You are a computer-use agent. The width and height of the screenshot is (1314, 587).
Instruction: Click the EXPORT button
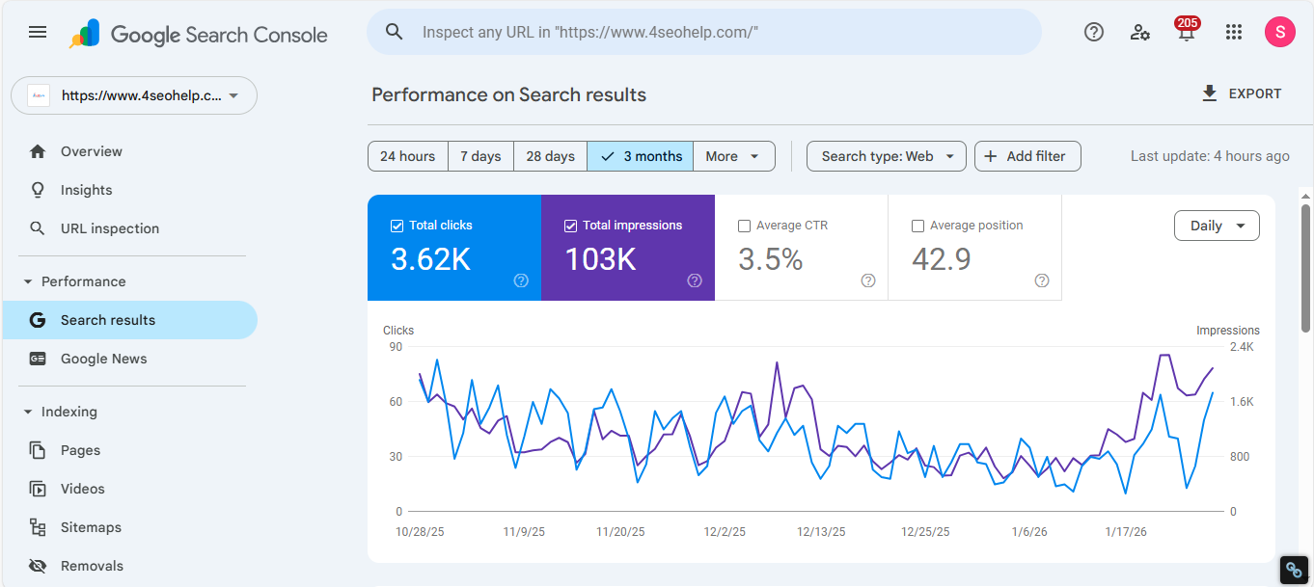pos(1242,94)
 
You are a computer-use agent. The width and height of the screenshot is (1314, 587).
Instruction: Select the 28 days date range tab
pos(550,156)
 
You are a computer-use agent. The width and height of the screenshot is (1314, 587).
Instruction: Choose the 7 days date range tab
pos(480,156)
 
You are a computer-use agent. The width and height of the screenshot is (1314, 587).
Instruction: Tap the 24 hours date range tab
pos(407,156)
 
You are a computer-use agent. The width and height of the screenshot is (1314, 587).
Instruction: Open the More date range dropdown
pos(733,156)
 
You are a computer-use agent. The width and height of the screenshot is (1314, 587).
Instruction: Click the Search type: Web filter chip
pos(886,156)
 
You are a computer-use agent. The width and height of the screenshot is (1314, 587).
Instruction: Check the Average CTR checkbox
pos(744,226)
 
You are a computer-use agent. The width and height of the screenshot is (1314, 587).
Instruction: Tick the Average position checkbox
pos(917,226)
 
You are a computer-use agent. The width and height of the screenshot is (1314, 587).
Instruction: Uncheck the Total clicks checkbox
pos(397,226)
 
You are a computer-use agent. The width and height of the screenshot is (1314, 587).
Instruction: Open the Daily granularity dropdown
pos(1217,226)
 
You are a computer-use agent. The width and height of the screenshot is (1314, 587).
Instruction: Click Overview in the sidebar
pos(91,151)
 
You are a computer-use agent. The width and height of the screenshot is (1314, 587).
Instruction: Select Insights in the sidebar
pos(86,190)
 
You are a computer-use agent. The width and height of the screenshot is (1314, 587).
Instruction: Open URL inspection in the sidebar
pos(109,228)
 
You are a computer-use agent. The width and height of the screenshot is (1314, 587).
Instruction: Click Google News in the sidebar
pos(103,359)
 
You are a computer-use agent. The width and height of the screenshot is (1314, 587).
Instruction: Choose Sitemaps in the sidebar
pos(91,527)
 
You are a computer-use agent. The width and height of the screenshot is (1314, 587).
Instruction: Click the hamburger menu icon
pos(38,32)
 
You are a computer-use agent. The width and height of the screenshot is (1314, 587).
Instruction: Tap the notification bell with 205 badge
pos(1186,33)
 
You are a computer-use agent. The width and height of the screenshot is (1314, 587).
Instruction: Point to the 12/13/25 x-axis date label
pos(821,532)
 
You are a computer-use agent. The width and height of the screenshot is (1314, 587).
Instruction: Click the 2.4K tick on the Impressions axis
pos(1241,347)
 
